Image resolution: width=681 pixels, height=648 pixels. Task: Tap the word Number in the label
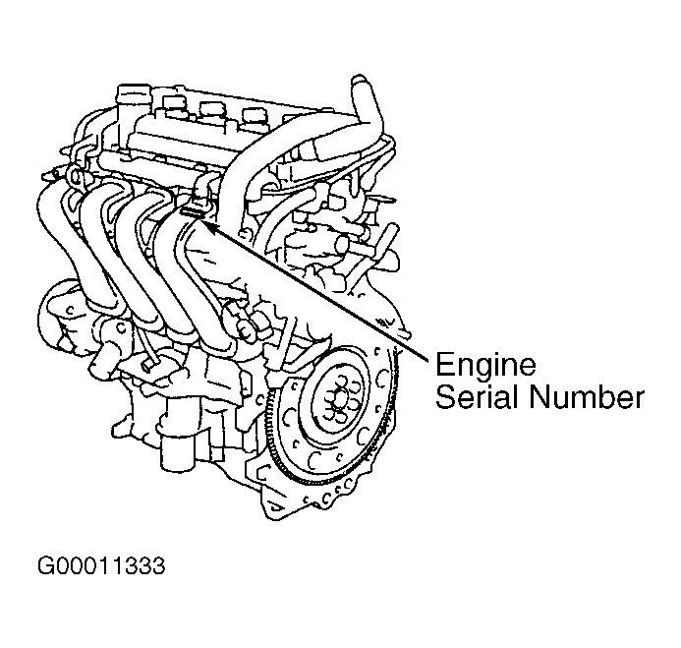587,397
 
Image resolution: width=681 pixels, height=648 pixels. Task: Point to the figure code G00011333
101,566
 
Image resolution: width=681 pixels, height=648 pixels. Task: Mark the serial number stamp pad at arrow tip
192,212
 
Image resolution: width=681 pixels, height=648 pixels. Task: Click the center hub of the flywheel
340,401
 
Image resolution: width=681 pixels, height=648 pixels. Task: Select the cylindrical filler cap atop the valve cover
134,98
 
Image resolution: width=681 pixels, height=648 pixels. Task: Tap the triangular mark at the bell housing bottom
274,506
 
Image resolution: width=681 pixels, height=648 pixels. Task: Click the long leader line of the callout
317,291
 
